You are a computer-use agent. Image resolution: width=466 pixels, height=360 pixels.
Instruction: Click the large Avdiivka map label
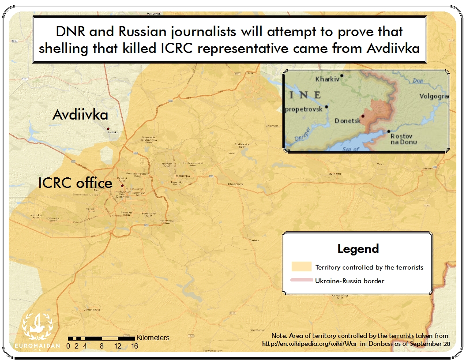tap(80, 115)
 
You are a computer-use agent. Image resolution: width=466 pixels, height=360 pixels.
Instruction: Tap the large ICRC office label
tap(75, 183)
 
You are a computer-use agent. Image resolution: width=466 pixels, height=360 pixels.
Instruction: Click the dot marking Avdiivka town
tap(108, 129)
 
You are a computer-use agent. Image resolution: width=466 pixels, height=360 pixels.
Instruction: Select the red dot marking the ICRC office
tap(122, 186)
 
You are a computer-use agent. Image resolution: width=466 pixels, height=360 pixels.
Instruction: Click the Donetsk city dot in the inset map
tap(363, 116)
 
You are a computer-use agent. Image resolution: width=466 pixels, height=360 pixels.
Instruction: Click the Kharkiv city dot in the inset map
tap(342, 75)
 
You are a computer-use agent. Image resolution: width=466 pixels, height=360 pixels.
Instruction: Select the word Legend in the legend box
tap(358, 249)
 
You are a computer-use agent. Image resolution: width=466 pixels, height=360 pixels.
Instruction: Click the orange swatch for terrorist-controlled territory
tap(301, 267)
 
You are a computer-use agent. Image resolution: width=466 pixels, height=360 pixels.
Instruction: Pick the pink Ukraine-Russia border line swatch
tap(301, 280)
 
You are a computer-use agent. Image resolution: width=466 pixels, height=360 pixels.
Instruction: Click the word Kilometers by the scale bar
tap(153, 338)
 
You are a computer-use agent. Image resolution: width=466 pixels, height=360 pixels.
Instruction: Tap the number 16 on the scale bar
tap(135, 346)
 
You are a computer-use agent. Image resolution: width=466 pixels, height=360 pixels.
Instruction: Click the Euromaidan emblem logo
tap(38, 327)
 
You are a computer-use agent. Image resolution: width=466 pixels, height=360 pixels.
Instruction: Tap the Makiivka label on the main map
tap(183, 176)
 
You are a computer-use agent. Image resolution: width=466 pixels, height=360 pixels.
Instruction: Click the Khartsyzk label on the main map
tap(236, 184)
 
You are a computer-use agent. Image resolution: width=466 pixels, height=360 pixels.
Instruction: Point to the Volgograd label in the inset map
tap(434, 96)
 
